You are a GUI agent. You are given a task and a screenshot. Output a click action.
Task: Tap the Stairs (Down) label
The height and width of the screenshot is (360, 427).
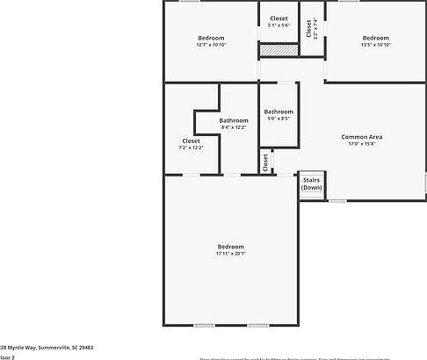(311, 184)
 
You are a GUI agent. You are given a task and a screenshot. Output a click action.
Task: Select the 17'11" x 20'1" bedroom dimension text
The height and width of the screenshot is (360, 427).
(231, 255)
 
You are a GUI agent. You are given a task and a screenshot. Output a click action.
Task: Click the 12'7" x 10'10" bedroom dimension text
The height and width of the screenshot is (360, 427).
(211, 45)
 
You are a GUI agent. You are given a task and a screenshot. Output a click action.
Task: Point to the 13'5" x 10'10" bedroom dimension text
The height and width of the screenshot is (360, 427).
(375, 45)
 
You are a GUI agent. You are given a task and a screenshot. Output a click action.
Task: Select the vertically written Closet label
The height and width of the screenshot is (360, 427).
(308, 27)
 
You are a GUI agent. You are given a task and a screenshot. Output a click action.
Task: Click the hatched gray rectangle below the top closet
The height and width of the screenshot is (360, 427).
(278, 52)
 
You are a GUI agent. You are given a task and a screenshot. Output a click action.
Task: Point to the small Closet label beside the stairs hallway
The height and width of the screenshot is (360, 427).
(264, 162)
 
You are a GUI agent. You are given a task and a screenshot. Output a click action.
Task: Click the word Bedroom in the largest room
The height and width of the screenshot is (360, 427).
(231, 247)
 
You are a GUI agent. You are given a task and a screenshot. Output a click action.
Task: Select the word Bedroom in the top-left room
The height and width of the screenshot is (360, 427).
(211, 38)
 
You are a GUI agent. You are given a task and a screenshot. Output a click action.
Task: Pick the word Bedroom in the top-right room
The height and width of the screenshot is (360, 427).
(375, 38)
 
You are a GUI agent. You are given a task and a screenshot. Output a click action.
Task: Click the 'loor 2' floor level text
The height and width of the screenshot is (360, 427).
(7, 357)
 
